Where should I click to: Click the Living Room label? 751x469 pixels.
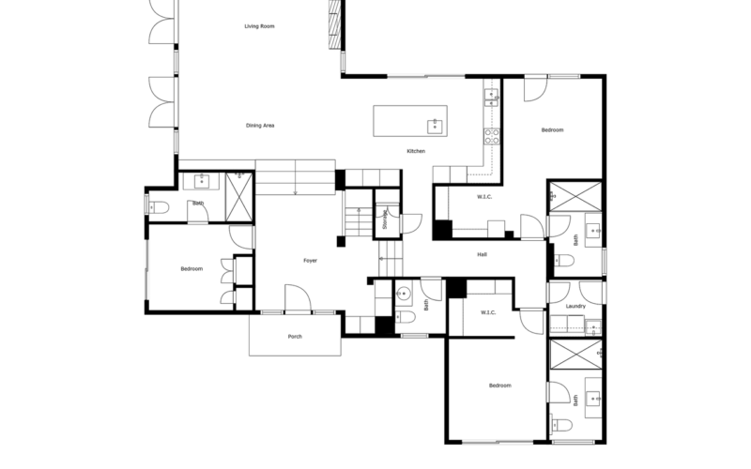coord(260,26)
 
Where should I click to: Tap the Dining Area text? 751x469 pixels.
coord(260,126)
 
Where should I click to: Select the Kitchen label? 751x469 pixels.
coord(416,151)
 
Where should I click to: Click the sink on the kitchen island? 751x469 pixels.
coord(435,127)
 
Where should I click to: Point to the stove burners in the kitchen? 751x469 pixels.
coord(491,136)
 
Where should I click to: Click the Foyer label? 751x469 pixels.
coord(311,261)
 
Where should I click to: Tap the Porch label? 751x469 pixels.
coord(295,337)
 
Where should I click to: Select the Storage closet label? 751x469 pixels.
coord(385,219)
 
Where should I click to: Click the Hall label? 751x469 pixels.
coord(483,254)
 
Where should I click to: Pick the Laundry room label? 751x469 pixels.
coord(575,307)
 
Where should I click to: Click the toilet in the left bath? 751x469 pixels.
coord(160,207)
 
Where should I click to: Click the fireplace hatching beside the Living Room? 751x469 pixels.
coord(334,24)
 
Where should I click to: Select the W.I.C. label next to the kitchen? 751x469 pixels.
coord(484,197)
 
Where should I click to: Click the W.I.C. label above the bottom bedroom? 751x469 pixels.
coord(488,312)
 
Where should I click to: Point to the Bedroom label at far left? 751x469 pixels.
coord(192,269)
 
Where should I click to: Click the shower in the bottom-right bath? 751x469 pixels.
coord(575,355)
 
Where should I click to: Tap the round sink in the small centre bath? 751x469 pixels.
coord(404,293)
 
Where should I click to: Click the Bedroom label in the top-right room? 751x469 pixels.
coord(552,129)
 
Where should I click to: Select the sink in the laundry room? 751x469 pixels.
coord(593,326)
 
